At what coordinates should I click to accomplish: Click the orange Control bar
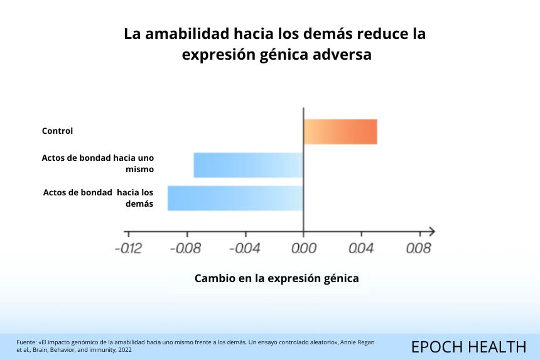[x=340, y=131]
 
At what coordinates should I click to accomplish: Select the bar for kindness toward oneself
[x=248, y=165]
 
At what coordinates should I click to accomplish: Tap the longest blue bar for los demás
[x=235, y=198]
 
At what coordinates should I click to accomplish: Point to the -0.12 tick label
[x=128, y=249]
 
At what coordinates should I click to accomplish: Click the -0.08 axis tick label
[x=186, y=249]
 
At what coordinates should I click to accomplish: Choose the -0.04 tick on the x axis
[x=244, y=249]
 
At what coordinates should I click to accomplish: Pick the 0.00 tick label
[x=303, y=249]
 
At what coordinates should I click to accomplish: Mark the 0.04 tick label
[x=361, y=249]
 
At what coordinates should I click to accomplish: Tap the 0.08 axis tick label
[x=418, y=249]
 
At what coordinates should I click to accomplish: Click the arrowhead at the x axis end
[x=431, y=232]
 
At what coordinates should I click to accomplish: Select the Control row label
[x=58, y=131]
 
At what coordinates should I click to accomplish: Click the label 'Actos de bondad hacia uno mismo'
[x=98, y=163]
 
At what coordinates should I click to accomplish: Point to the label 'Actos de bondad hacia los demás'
[x=99, y=197]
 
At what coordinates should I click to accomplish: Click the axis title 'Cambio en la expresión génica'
[x=277, y=278]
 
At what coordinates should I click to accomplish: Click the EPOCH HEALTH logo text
[x=468, y=346]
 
